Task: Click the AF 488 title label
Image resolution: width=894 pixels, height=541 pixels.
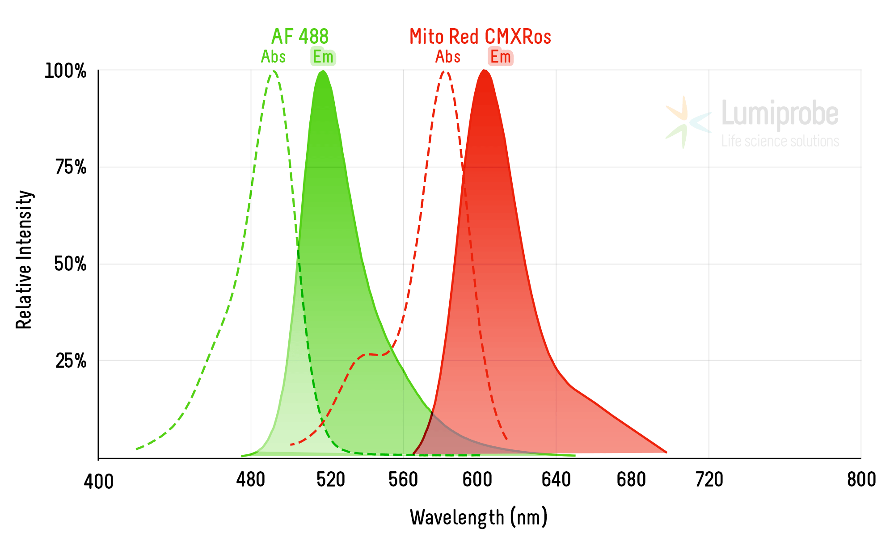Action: pyautogui.click(x=300, y=37)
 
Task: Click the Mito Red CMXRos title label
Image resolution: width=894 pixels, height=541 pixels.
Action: pyautogui.click(x=480, y=37)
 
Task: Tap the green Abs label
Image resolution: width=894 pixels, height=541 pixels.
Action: pyautogui.click(x=273, y=57)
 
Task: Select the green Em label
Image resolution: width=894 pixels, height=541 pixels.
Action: pyautogui.click(x=323, y=57)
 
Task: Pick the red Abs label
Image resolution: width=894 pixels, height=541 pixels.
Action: pyautogui.click(x=448, y=57)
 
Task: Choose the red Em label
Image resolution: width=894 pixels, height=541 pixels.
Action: pyautogui.click(x=500, y=57)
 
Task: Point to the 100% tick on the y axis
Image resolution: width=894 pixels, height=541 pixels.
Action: pyautogui.click(x=65, y=71)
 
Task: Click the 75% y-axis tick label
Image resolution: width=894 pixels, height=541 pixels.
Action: pyautogui.click(x=71, y=168)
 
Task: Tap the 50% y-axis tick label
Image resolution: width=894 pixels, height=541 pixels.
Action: pyautogui.click(x=70, y=264)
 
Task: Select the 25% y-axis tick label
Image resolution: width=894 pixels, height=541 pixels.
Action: pyautogui.click(x=71, y=361)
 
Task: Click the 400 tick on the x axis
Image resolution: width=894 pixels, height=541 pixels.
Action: pyautogui.click(x=99, y=482)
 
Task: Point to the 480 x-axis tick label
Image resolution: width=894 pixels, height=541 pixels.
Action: pyautogui.click(x=251, y=480)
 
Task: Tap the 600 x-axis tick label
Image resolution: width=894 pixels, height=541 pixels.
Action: pyautogui.click(x=477, y=480)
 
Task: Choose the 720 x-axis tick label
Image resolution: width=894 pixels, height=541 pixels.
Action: pyautogui.click(x=709, y=480)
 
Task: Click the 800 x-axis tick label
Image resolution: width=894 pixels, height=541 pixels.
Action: pyautogui.click(x=861, y=480)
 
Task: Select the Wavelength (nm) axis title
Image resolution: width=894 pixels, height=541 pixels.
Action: pyautogui.click(x=478, y=517)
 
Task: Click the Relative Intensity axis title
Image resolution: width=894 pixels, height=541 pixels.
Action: pyautogui.click(x=24, y=260)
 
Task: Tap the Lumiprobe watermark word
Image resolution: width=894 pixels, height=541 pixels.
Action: pyautogui.click(x=780, y=114)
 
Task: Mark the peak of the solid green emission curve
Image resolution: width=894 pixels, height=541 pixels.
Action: pyautogui.click(x=322, y=71)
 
